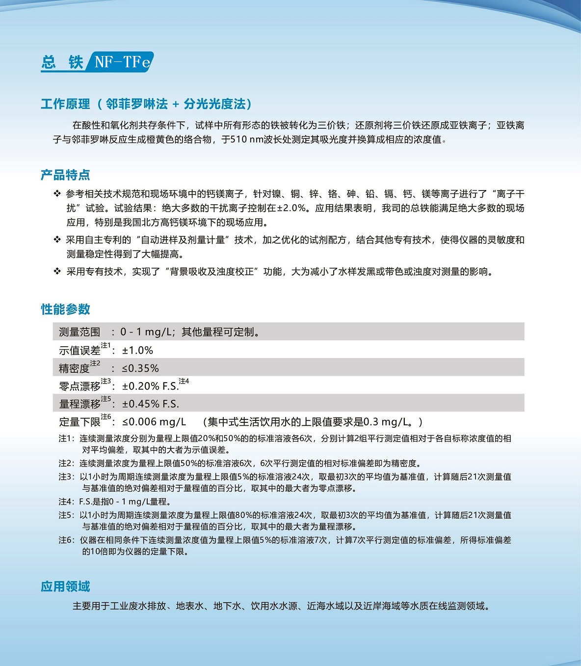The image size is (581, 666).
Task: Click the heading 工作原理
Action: pos(65,104)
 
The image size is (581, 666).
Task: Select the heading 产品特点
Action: pos(65,175)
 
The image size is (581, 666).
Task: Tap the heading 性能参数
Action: pos(65,309)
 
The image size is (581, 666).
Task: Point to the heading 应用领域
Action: pos(65,586)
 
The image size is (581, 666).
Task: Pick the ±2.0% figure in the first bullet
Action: pos(292,208)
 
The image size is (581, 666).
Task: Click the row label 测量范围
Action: pos(79,332)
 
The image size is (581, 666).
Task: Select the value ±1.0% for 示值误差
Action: pos(137,350)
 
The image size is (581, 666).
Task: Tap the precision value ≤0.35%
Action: pos(140,368)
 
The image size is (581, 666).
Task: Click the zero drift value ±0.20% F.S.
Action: pos(150,386)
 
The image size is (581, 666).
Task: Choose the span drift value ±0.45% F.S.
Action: pos(150,404)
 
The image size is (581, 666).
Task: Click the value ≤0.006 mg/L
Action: pos(154,422)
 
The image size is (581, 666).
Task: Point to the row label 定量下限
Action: pos(79,422)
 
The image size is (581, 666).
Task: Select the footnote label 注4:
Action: pos(66,501)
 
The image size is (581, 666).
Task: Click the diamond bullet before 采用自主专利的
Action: pos(57,240)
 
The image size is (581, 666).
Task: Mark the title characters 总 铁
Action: pos(62,62)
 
